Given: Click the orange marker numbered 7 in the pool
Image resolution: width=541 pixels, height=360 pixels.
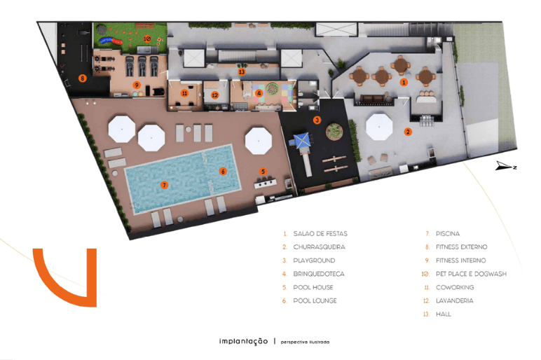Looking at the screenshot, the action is (x=164, y=185).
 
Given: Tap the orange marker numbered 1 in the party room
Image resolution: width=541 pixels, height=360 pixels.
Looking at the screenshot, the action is (x=404, y=82).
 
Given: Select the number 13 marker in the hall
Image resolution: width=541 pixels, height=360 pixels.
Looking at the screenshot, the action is (x=242, y=71).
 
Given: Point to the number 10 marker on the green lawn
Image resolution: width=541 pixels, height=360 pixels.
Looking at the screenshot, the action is (x=147, y=39).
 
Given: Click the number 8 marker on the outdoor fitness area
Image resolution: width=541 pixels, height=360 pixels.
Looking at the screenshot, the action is (x=82, y=78).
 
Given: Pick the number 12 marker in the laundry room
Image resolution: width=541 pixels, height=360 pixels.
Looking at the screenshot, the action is (x=215, y=95).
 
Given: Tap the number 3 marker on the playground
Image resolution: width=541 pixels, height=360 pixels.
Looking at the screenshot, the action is (x=317, y=120).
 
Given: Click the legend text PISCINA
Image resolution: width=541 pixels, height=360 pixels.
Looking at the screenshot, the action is (x=448, y=234).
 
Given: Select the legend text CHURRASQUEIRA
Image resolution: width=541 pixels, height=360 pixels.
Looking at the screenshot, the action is (x=319, y=247).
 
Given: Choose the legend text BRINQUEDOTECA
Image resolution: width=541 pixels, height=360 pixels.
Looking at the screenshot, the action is (x=319, y=274).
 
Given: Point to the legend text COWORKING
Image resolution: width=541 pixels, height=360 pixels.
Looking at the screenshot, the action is (x=455, y=288).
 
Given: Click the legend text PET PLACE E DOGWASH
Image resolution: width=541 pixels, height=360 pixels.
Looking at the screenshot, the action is (x=472, y=274).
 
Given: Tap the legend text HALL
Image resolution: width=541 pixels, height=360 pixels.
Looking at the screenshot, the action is (x=444, y=314).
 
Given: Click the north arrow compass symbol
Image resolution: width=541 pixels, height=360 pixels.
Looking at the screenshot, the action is (x=506, y=166).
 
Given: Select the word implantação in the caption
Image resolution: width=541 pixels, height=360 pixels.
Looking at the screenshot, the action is (x=244, y=341).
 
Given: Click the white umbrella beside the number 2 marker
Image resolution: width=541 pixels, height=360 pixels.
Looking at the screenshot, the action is (x=379, y=127).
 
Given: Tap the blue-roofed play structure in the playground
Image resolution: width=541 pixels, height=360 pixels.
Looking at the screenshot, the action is (x=301, y=141).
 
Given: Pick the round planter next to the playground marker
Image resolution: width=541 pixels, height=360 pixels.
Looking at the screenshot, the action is (x=334, y=132).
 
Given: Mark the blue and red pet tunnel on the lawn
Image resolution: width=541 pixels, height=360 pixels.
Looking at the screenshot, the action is (x=111, y=41).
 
